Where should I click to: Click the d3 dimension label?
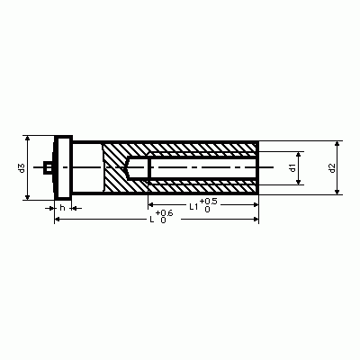click(22, 168)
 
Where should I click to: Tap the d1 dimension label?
click(292, 167)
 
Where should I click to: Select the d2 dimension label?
click(331, 167)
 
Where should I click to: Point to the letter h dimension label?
click(62, 208)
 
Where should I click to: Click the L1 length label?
click(193, 206)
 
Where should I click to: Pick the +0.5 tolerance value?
click(208, 201)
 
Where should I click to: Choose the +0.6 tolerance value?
click(164, 213)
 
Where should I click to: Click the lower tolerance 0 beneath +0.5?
click(207, 210)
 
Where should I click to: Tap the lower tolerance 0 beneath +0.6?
click(163, 220)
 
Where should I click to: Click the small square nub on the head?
click(48, 167)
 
